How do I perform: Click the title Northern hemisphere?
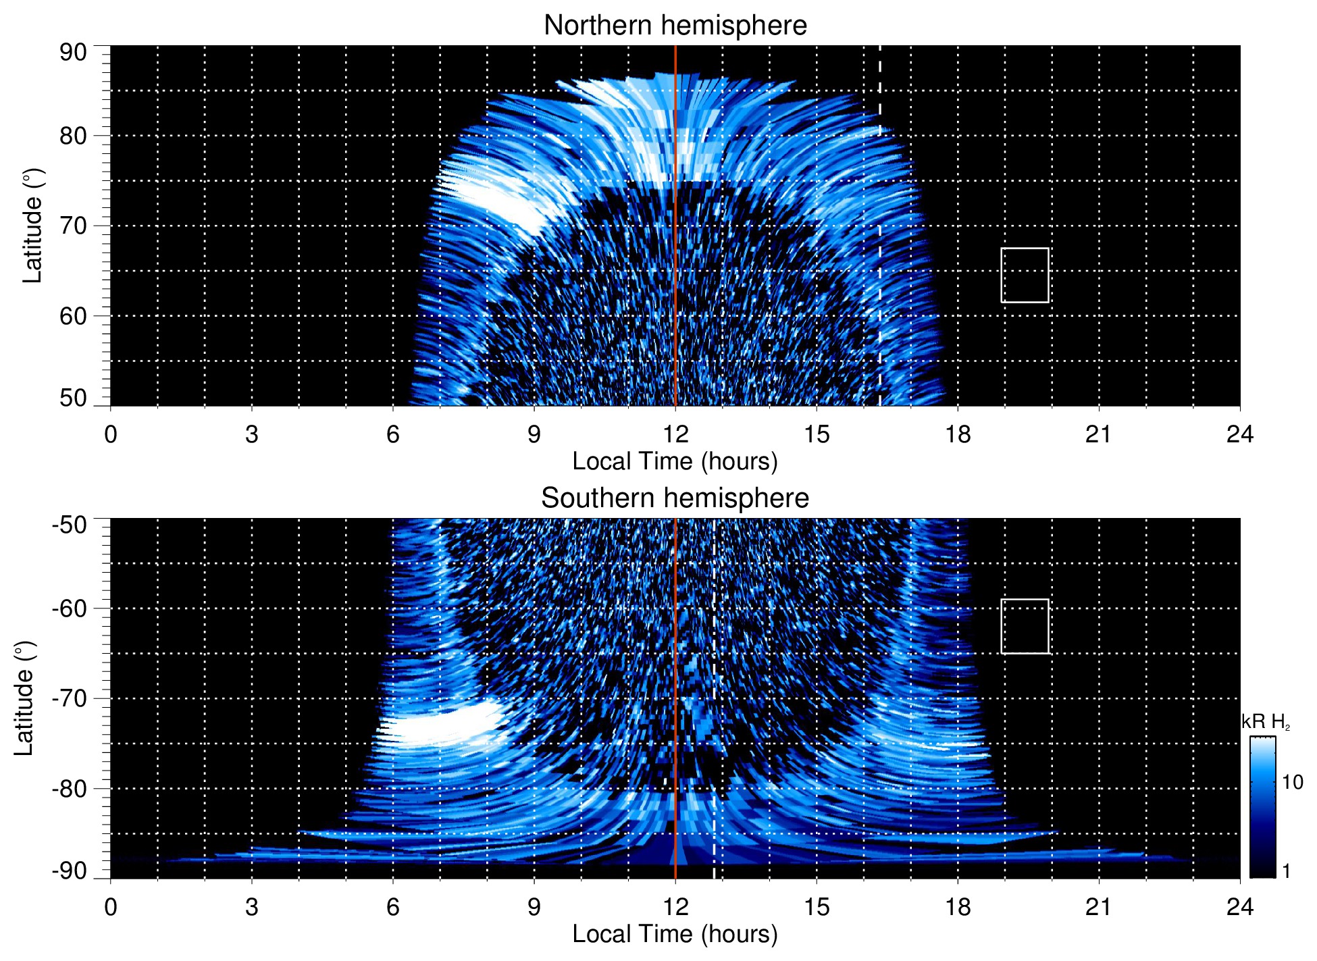(x=675, y=26)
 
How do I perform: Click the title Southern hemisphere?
(x=675, y=498)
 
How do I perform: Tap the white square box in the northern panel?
(x=1025, y=275)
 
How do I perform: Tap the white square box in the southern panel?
(x=1025, y=626)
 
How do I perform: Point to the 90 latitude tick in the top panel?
(x=73, y=53)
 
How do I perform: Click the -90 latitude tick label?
(x=70, y=871)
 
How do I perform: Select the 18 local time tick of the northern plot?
(x=958, y=434)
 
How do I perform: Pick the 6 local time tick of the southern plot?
(x=393, y=906)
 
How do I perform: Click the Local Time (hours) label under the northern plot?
(x=675, y=461)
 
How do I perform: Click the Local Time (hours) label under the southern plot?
(x=675, y=934)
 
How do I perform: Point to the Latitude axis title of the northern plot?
(x=32, y=226)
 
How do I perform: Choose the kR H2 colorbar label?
(x=1266, y=722)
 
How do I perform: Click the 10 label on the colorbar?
(x=1292, y=782)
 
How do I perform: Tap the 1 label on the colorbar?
(x=1286, y=871)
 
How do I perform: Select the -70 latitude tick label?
(x=70, y=698)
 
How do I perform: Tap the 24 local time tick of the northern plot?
(x=1239, y=434)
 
